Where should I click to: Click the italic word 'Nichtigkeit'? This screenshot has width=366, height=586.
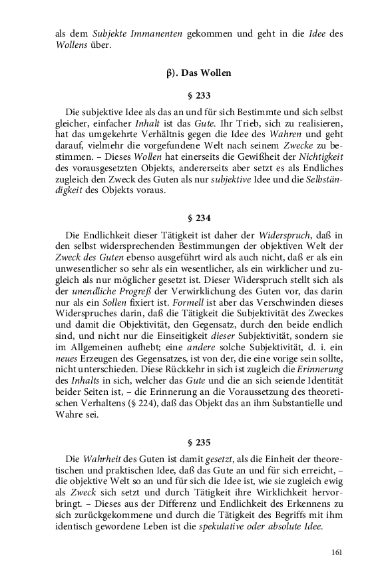pyautogui.click(x=320, y=157)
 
